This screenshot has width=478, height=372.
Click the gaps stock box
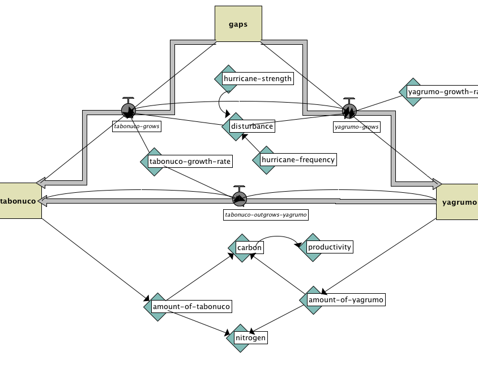click(238, 24)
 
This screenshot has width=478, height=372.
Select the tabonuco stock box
click(20, 201)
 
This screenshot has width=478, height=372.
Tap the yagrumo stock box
click(458, 202)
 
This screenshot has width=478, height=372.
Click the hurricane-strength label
click(258, 79)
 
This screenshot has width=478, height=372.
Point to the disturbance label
click(252, 126)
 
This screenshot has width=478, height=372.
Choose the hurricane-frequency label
click(298, 160)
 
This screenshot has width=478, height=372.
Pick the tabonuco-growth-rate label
click(190, 162)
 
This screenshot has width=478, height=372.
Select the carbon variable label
click(249, 248)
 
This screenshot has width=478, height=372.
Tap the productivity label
click(330, 247)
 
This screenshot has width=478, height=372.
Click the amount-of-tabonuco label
click(191, 307)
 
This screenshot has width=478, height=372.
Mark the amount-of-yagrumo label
click(345, 299)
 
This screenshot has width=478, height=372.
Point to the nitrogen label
click(251, 338)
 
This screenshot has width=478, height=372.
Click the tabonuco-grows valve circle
click(129, 110)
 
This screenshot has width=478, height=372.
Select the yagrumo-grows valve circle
click(349, 109)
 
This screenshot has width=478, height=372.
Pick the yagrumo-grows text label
click(357, 127)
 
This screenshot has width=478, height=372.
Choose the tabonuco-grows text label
click(136, 127)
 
